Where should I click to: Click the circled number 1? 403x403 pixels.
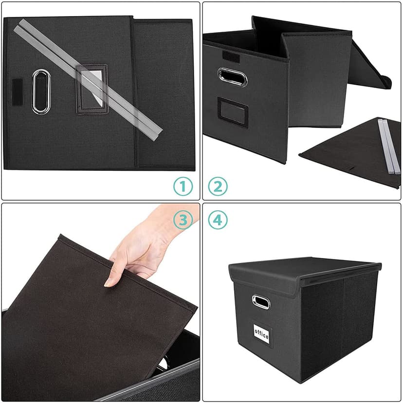[x=183, y=186]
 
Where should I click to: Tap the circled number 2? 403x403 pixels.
[x=218, y=186]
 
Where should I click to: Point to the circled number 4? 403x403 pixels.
[x=218, y=220]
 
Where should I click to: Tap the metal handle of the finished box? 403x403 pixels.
[x=261, y=302]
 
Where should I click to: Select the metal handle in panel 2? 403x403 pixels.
[x=232, y=77]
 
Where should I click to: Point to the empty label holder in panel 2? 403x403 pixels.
[x=233, y=112]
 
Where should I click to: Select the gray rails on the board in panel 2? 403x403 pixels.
[x=389, y=146]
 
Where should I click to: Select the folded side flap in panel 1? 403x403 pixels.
[x=164, y=92]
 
